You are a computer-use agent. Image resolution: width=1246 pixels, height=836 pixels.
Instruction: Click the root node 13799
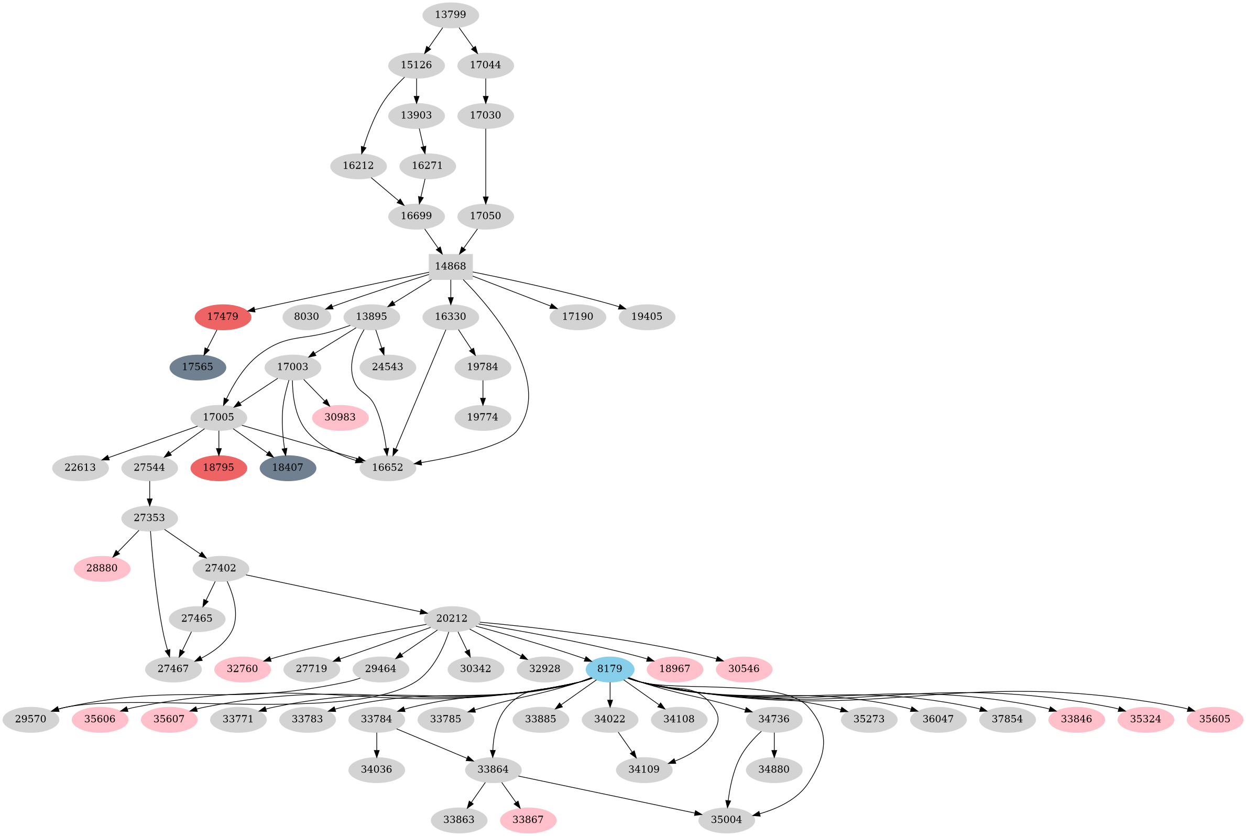450,15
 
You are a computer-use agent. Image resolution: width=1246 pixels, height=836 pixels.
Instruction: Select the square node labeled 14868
450,267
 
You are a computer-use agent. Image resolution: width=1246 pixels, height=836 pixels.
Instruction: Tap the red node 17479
223,317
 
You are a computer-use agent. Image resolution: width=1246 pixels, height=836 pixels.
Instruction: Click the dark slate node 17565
198,367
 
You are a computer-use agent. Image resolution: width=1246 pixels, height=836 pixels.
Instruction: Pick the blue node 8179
610,669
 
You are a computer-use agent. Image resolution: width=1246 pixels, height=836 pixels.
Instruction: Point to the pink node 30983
340,417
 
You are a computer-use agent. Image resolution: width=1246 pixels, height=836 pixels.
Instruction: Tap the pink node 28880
102,568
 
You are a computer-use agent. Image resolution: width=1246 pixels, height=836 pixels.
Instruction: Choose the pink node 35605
1215,719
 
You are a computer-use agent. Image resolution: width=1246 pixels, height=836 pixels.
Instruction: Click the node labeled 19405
647,317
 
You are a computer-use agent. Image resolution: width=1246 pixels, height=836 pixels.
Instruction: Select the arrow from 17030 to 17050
486,165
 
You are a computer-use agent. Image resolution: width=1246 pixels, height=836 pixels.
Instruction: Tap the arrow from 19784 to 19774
483,393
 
